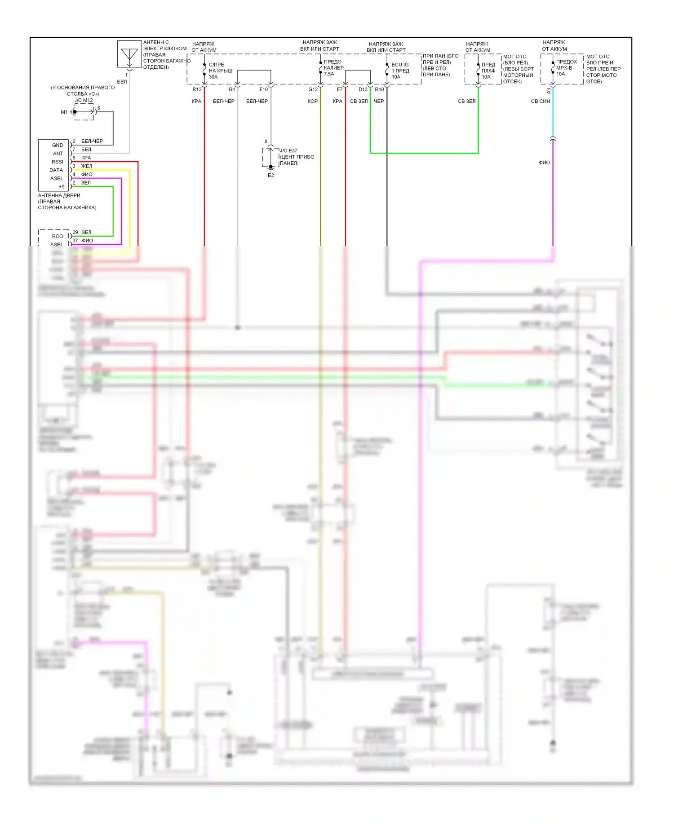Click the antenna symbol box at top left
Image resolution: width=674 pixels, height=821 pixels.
tap(129, 54)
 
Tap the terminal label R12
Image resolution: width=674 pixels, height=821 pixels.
tap(197, 89)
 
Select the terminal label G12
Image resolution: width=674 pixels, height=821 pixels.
tap(313, 89)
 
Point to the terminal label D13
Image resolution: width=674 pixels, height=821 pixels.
tap(363, 89)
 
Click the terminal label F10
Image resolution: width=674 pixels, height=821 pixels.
tap(263, 89)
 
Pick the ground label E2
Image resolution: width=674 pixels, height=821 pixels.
tap(270, 176)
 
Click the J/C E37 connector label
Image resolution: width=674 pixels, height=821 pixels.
tap(288, 150)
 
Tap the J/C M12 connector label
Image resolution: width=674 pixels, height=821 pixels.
tap(84, 100)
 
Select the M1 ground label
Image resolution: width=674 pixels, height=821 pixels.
tap(64, 112)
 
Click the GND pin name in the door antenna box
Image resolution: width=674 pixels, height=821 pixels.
tap(58, 145)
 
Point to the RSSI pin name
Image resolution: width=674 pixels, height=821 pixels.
tap(58, 162)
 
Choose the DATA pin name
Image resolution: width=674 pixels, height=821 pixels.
tap(56, 170)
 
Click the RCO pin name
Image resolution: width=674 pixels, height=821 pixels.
tap(58, 236)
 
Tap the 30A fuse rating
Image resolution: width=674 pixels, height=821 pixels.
tap(213, 77)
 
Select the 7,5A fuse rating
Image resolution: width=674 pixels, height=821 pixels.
tap(329, 74)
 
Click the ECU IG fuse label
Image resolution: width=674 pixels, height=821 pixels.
tap(400, 65)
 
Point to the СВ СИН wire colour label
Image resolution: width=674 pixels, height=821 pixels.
tap(540, 102)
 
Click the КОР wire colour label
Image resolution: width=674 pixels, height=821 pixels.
tap(312, 102)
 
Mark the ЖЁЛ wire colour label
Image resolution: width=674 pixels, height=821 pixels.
tap(86, 166)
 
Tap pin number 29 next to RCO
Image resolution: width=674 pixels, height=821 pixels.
tap(75, 232)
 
